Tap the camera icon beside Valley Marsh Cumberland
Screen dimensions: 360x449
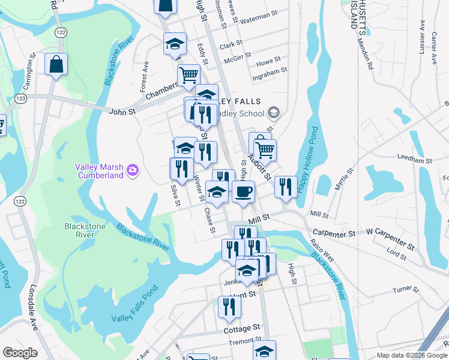tap(133, 171)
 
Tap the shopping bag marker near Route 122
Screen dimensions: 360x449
tap(56, 65)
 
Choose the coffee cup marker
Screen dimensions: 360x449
tap(243, 192)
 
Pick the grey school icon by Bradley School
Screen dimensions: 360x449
tap(274, 113)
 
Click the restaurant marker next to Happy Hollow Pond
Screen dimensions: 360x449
tap(286, 187)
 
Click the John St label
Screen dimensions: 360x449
tap(123, 111)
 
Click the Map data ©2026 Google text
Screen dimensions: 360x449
tap(412, 355)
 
